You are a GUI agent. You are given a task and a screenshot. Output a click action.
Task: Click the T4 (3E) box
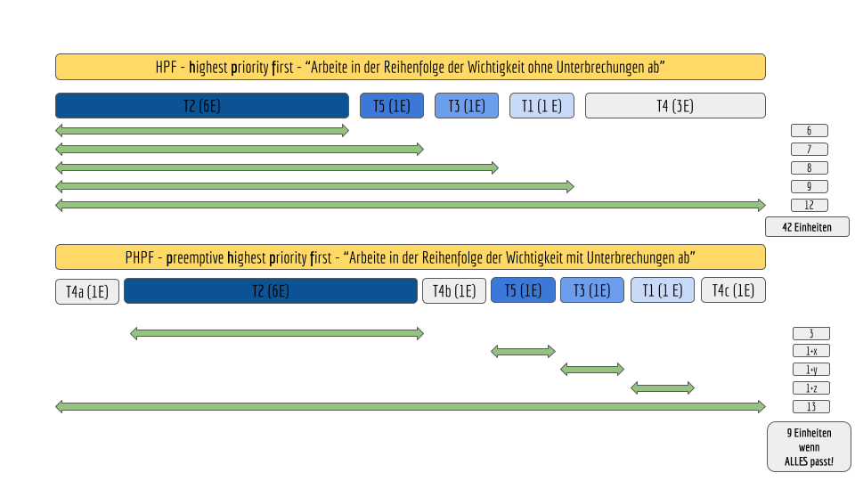pyautogui.click(x=675, y=106)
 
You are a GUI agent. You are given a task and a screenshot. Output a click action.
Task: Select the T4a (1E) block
pyautogui.click(x=87, y=291)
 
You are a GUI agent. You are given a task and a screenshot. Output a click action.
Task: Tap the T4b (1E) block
pyautogui.click(x=454, y=290)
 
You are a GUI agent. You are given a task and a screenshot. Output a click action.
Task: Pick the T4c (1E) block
pyautogui.click(x=733, y=290)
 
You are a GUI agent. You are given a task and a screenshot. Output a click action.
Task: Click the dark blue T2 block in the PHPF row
pyautogui.click(x=271, y=290)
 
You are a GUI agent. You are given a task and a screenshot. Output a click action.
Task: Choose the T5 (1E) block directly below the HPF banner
pyautogui.click(x=392, y=106)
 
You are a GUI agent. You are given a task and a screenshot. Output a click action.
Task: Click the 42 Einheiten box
pyautogui.click(x=807, y=227)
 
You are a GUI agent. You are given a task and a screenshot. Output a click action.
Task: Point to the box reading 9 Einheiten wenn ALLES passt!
pyautogui.click(x=809, y=446)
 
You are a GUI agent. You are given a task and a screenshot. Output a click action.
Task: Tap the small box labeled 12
pyautogui.click(x=810, y=205)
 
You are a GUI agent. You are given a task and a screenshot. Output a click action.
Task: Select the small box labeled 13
pyautogui.click(x=810, y=406)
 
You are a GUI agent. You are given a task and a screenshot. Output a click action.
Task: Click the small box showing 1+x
pyautogui.click(x=810, y=351)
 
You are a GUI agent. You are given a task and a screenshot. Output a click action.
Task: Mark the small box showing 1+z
pyautogui.click(x=810, y=387)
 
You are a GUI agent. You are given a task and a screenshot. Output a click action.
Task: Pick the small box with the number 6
pyautogui.click(x=810, y=130)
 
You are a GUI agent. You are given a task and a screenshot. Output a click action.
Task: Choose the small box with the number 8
pyautogui.click(x=810, y=168)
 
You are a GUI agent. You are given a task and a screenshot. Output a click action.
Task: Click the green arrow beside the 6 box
pyautogui.click(x=202, y=130)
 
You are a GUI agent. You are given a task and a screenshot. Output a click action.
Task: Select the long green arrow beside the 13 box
pyautogui.click(x=411, y=406)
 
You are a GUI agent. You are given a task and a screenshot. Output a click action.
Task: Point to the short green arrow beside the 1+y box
pyautogui.click(x=592, y=369)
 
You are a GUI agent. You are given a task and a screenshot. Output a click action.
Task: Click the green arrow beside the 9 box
pyautogui.click(x=314, y=186)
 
